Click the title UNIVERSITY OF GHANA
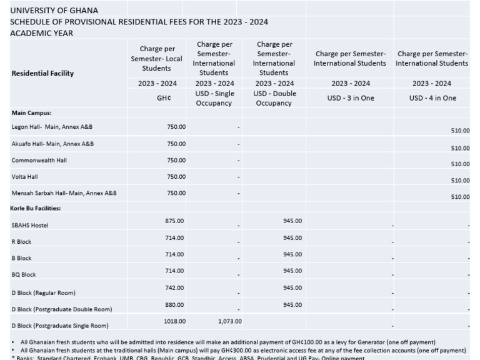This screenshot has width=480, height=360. coord(54,10)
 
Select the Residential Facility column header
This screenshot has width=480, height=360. coord(42,73)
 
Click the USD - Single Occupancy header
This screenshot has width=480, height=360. coord(214,98)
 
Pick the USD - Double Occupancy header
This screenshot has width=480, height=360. coord(274,98)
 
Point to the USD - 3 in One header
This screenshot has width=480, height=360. coord(350,98)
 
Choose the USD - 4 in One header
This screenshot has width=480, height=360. coord(432,98)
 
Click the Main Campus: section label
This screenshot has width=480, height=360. coord(31,113)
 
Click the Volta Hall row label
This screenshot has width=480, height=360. coord(25,177)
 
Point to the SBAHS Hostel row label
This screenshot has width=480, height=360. coord(30,225)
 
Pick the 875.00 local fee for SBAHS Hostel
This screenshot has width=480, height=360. coord(174,221)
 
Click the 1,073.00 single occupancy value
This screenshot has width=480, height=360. coord(229,321)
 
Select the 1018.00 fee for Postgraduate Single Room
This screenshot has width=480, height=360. coord(174,321)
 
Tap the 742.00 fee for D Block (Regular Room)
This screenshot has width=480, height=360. coord(174,287)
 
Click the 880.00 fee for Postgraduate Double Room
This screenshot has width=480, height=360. coord(174,304)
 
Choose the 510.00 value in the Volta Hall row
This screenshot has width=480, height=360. coord(460,181)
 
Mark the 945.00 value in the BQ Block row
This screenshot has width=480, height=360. coord(292,271)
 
